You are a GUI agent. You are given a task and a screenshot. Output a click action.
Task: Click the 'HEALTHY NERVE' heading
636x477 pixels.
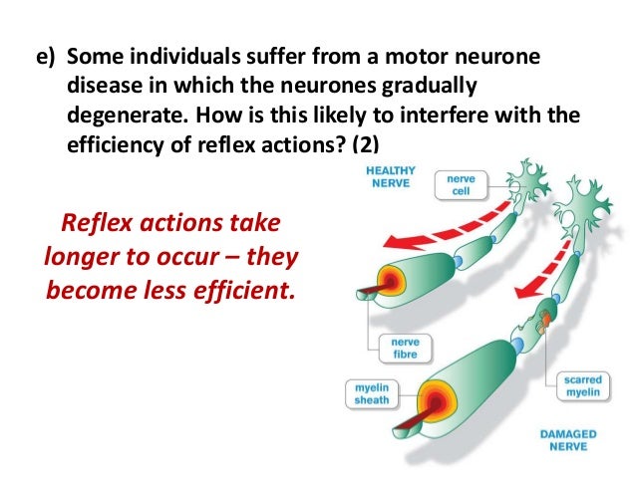(389, 177)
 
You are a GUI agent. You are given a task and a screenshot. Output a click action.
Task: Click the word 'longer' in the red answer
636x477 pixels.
(82, 256)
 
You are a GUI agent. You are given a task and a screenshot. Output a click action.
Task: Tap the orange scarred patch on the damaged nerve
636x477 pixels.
(541, 321)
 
